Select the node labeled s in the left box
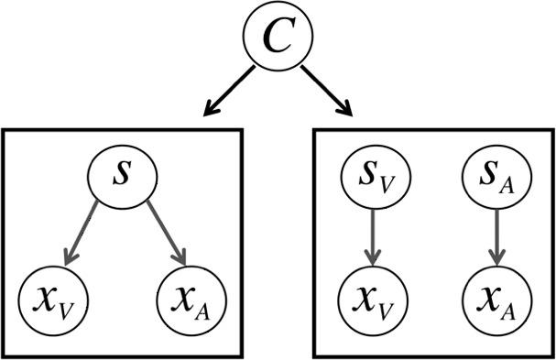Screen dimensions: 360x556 coord(123,175)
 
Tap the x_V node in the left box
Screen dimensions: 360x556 coord(52,297)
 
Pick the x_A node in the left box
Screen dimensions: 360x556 coord(191,297)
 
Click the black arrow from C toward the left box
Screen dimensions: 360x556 coord(228,91)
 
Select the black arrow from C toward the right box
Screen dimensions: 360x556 coord(326,91)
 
